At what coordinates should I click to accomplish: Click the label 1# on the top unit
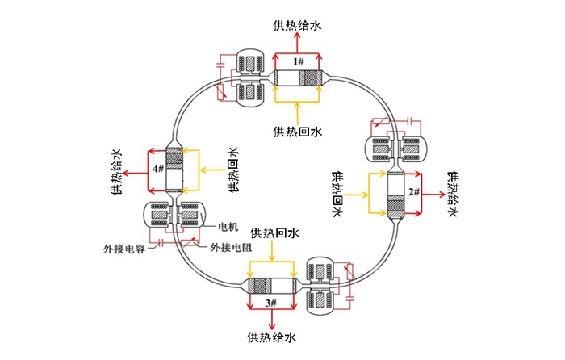pyautogui.click(x=298, y=62)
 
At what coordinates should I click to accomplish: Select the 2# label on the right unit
pyautogui.click(x=413, y=192)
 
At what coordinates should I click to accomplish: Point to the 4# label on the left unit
pyautogui.click(x=157, y=169)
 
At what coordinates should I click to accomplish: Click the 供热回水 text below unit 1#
pyautogui.click(x=298, y=131)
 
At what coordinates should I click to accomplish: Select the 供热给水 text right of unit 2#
pyautogui.click(x=452, y=194)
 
